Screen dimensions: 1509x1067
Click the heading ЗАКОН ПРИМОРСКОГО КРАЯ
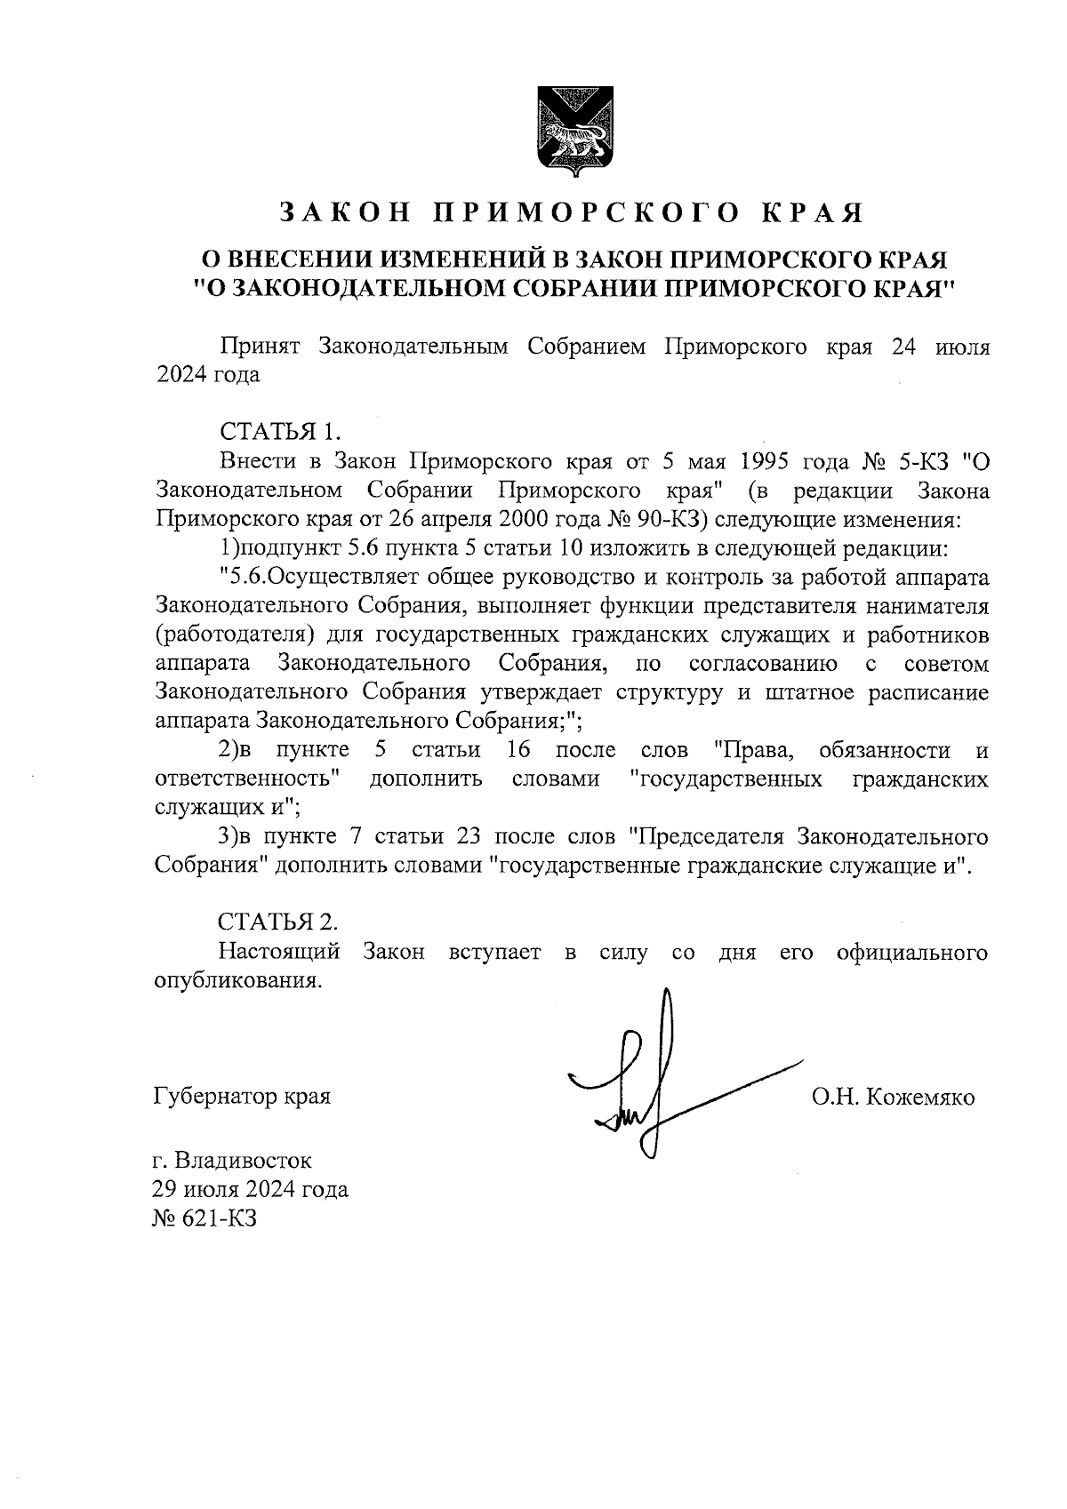point(572,213)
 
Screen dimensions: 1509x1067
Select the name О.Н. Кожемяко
point(892,1098)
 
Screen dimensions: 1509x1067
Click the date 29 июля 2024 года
point(251,1189)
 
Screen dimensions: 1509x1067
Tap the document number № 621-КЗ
point(206,1218)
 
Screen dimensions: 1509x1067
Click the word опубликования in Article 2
point(237,982)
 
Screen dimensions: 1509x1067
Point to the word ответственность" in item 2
point(250,779)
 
